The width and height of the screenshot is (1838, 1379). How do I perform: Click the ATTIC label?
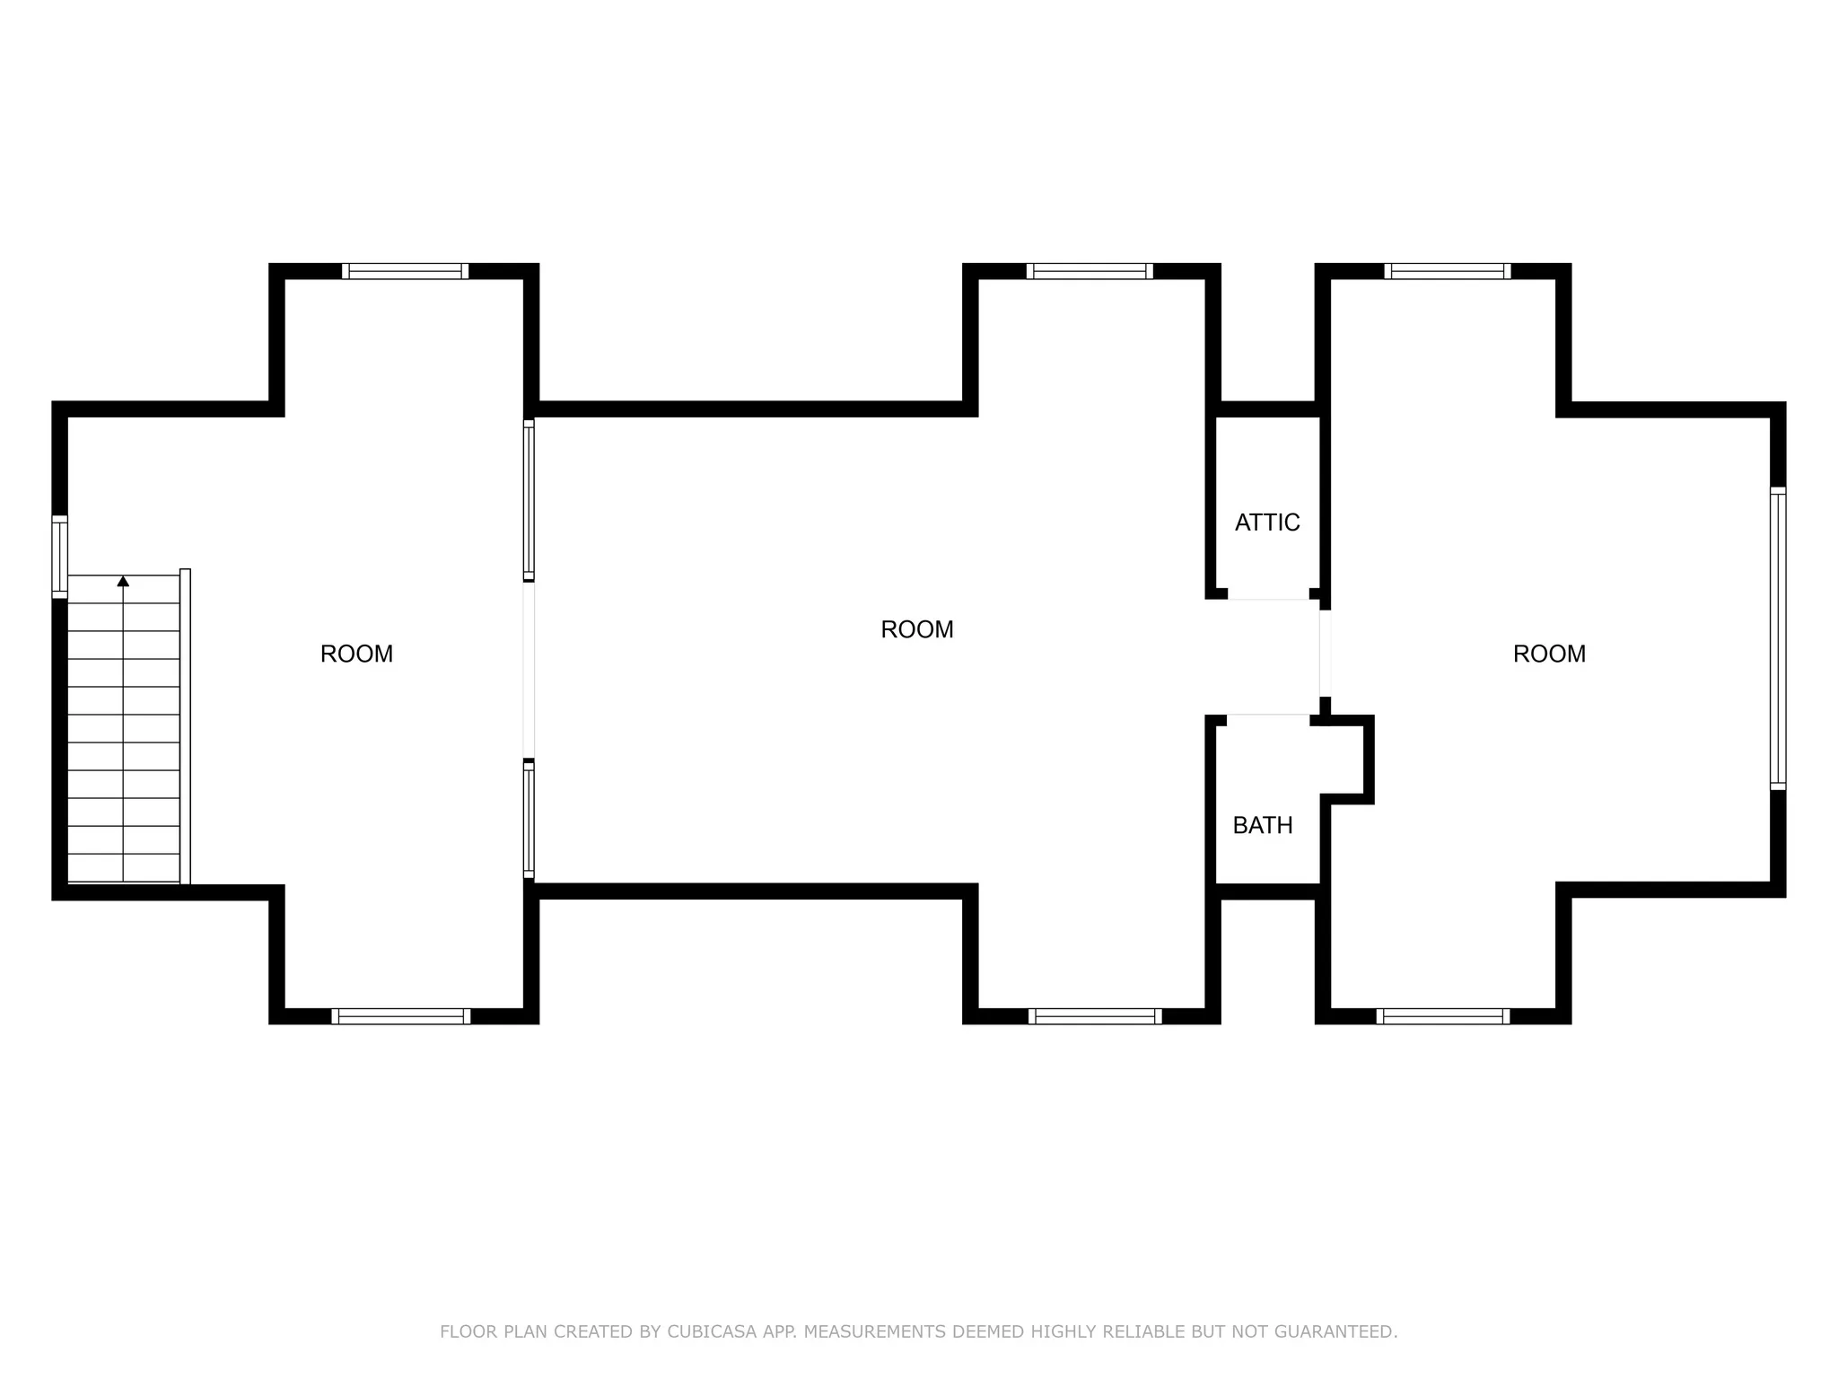tap(1267, 523)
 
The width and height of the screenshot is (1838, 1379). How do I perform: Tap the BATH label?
tap(1263, 825)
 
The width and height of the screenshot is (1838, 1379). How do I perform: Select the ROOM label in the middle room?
tap(916, 629)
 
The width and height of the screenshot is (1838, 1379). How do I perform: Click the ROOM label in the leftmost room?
tap(356, 654)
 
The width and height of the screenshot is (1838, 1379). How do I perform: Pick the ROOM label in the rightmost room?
tap(1549, 654)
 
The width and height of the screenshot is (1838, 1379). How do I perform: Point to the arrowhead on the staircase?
tap(123, 582)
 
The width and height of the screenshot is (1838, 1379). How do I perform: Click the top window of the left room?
tap(405, 271)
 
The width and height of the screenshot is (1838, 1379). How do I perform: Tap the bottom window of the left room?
tap(400, 1016)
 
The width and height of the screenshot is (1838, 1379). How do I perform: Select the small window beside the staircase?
tap(59, 557)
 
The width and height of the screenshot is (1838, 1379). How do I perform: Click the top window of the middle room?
tap(1090, 271)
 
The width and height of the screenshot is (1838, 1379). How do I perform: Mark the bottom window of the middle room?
tap(1095, 1016)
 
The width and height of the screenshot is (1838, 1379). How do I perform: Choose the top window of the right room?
tap(1448, 271)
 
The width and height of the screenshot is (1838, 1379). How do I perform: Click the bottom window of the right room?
tap(1443, 1016)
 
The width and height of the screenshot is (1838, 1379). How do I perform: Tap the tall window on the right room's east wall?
tap(1778, 638)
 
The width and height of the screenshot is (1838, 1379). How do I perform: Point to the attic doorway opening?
tap(1268, 599)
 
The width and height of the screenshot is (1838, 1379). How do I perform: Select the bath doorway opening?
tap(1268, 715)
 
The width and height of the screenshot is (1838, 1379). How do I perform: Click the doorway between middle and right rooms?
tap(1325, 653)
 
